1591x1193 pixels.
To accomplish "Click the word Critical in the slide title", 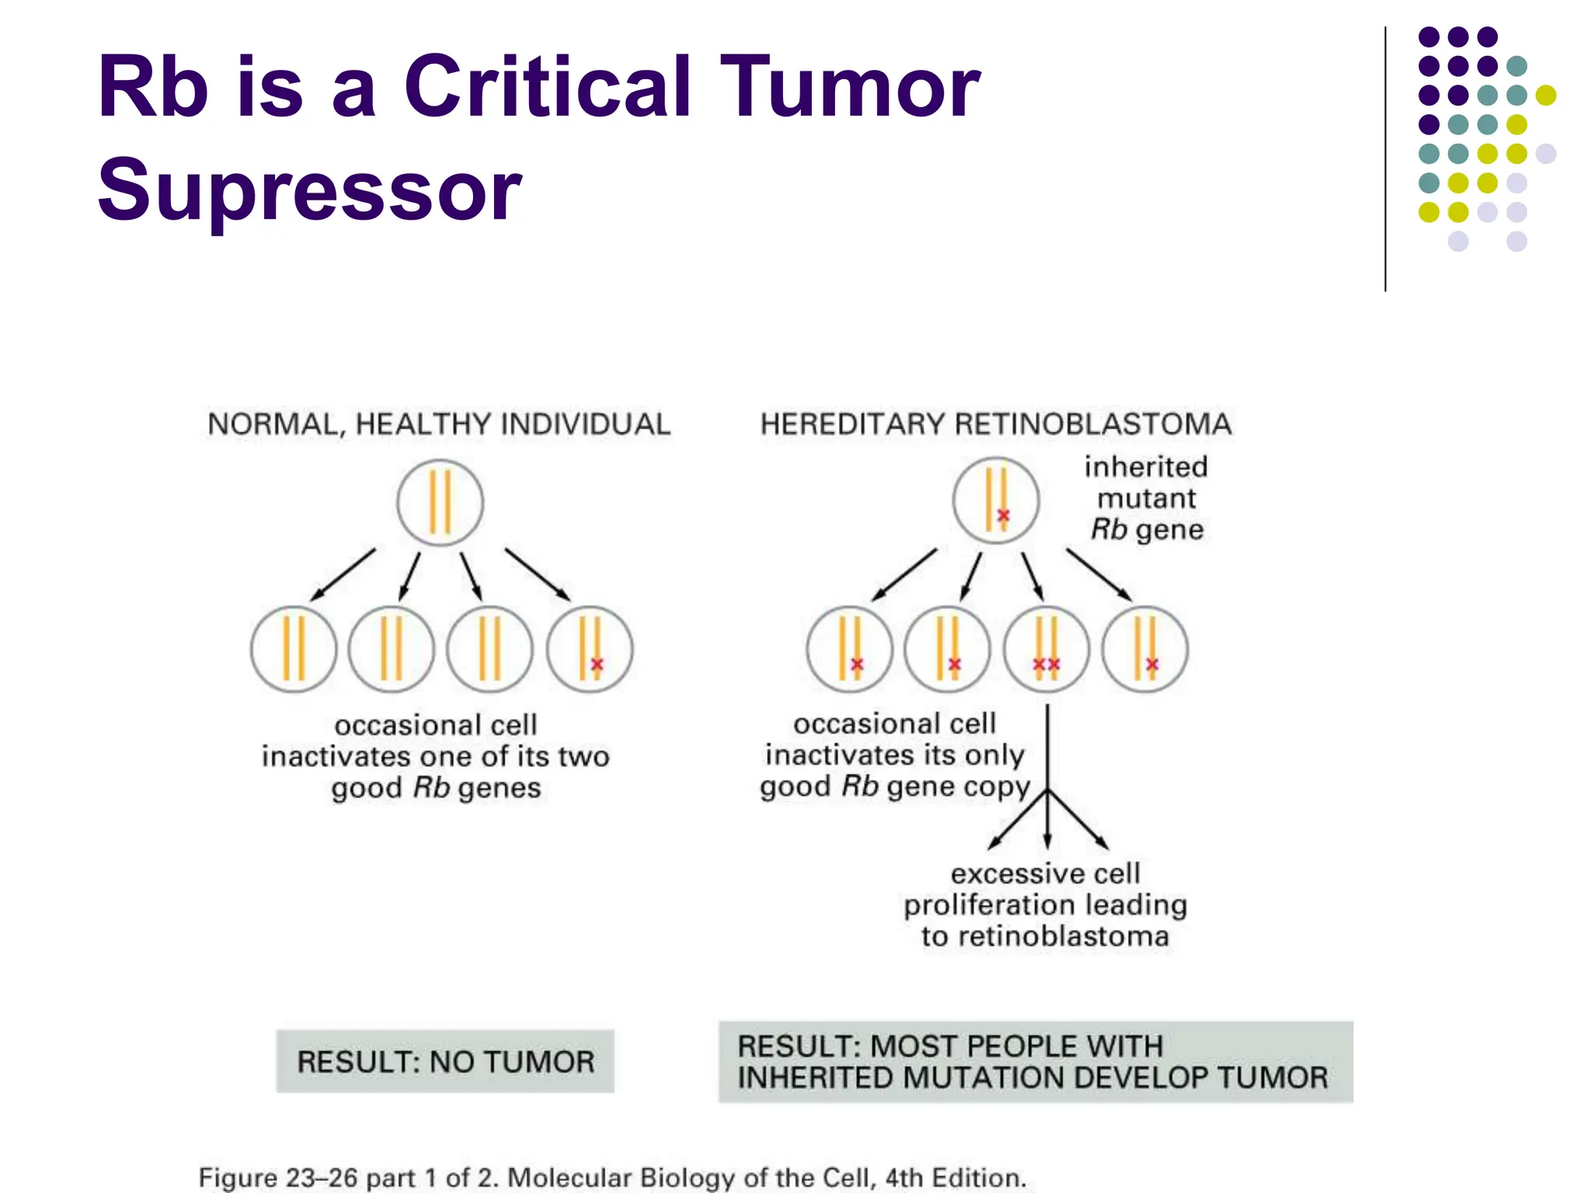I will click(547, 87).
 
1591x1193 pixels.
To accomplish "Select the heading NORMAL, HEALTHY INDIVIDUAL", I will click(439, 425).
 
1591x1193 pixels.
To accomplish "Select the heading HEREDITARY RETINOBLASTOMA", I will click(995, 425).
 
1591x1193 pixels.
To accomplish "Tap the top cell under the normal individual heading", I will click(440, 503).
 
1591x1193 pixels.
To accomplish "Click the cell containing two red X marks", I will click(1046, 649).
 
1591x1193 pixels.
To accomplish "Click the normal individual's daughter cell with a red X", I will click(590, 649).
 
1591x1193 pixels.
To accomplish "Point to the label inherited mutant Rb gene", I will click(1147, 499).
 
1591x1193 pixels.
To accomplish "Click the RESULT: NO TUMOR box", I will click(445, 1062).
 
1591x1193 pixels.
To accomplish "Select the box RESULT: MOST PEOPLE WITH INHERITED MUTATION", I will click(1035, 1062).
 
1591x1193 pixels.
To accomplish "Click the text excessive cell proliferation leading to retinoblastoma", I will click(1045, 905).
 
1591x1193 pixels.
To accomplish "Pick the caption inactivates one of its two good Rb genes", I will click(436, 756).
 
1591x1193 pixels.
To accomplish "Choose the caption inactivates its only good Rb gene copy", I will click(895, 755).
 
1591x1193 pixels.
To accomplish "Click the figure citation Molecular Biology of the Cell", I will click(766, 1177).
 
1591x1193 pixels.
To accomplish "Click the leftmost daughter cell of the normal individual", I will click(294, 649).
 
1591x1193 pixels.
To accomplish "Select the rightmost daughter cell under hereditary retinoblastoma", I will click(1144, 649).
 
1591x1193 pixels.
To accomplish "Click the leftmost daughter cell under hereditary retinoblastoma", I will click(849, 649).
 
